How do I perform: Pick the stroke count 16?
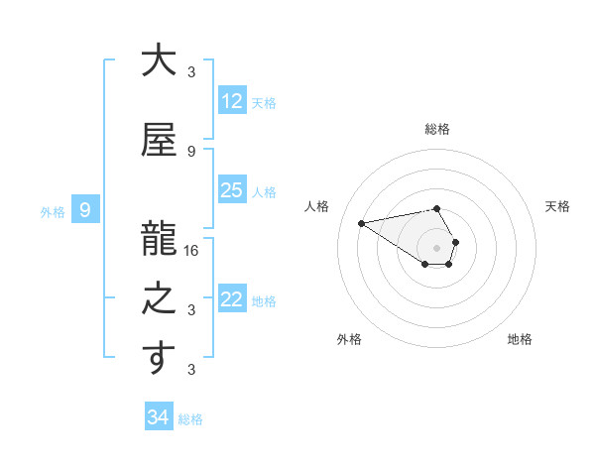tap(191, 250)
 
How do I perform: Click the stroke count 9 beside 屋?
tap(191, 151)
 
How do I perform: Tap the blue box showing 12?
tap(232, 101)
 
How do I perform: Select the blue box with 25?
tap(232, 190)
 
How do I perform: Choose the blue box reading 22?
tap(232, 299)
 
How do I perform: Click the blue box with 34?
tap(158, 417)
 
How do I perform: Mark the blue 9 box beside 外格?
tap(85, 210)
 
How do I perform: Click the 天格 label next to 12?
tap(264, 102)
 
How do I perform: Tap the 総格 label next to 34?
tap(190, 419)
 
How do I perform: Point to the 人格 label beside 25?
tap(264, 191)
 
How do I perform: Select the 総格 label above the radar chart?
tap(436, 129)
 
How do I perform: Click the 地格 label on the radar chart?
tap(520, 339)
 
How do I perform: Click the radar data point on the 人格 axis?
tap(361, 222)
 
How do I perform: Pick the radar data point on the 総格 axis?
tap(436, 208)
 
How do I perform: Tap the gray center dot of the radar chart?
tap(436, 247)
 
